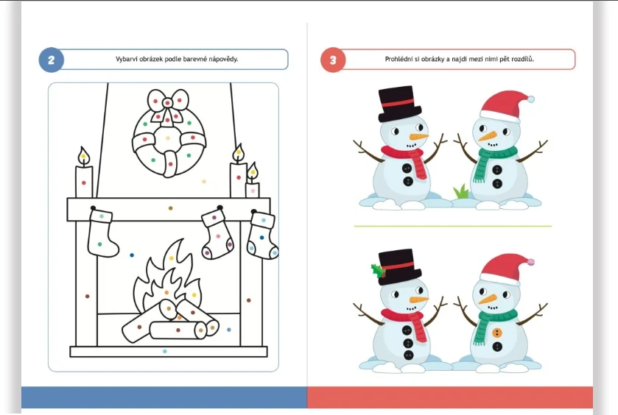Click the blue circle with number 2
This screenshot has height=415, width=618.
[52, 60]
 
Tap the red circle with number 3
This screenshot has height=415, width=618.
[333, 60]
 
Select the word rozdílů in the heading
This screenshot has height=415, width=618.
[523, 59]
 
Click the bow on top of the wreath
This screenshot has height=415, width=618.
[168, 104]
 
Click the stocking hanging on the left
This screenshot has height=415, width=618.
[102, 233]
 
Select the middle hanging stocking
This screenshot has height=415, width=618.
[217, 233]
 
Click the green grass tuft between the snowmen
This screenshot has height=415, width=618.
[461, 192]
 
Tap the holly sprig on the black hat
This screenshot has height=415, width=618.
[378, 272]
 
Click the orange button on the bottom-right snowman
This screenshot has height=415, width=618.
[497, 333]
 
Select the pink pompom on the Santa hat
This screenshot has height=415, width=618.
[530, 261]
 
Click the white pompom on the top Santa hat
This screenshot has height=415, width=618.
[530, 99]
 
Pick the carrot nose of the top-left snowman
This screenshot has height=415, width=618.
[418, 137]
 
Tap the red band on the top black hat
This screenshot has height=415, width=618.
[398, 104]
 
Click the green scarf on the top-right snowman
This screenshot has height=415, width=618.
[494, 160]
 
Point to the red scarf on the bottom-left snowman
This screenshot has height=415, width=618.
[406, 321]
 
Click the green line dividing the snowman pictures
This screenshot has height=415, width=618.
[453, 226]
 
